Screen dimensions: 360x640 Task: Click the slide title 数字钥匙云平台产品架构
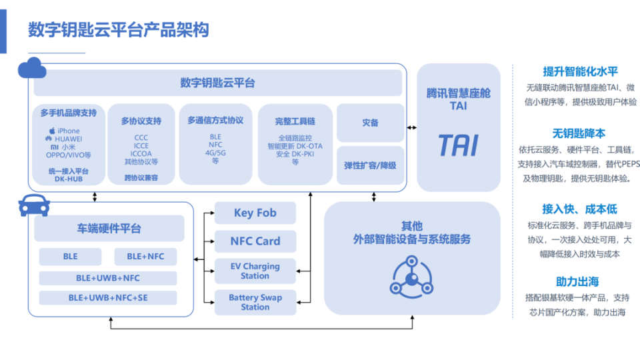tap(118, 30)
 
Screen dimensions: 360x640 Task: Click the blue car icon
tap(34, 205)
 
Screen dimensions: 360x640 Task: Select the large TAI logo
tap(458, 145)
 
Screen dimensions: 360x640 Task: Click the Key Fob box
tap(255, 213)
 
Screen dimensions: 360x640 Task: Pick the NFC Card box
tap(255, 241)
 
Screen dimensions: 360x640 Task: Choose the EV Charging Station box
tap(255, 271)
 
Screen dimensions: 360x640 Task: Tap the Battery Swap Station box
tap(255, 303)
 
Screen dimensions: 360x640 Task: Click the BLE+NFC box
tap(145, 257)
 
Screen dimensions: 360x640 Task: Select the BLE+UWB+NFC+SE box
tap(108, 298)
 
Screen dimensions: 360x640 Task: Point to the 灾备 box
tap(370, 123)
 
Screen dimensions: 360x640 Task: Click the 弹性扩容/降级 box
tap(370, 165)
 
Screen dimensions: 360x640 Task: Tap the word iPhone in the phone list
tap(68, 131)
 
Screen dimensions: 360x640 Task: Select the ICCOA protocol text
tap(141, 153)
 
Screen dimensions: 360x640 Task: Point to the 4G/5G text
tap(215, 153)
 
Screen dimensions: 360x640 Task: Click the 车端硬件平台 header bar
tap(109, 229)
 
